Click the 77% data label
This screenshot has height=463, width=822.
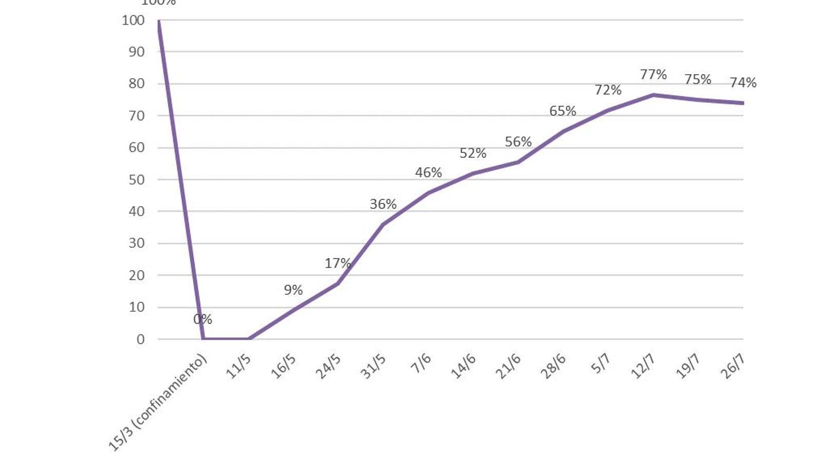click(653, 75)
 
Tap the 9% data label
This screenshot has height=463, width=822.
click(293, 290)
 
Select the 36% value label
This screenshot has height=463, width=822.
click(383, 204)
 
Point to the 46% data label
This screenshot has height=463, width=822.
click(428, 173)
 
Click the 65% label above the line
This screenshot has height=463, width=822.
click(563, 111)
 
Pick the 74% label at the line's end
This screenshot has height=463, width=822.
click(743, 83)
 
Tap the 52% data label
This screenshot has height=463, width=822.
click(473, 153)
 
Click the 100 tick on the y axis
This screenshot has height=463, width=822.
click(133, 21)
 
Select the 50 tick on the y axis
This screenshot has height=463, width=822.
click(136, 180)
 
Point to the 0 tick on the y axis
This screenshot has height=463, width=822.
click(140, 340)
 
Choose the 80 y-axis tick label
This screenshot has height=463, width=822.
click(136, 84)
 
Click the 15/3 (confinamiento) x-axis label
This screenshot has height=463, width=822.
click(158, 402)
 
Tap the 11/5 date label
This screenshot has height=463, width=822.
click(239, 366)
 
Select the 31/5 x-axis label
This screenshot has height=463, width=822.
click(373, 366)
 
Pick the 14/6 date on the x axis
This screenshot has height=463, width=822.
click(463, 366)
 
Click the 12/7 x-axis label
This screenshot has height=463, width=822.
click(643, 366)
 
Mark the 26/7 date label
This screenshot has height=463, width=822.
click(733, 366)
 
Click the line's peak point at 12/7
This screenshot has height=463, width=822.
click(653, 95)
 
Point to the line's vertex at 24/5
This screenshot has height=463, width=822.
click(338, 283)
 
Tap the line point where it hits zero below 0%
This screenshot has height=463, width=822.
click(203, 339)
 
